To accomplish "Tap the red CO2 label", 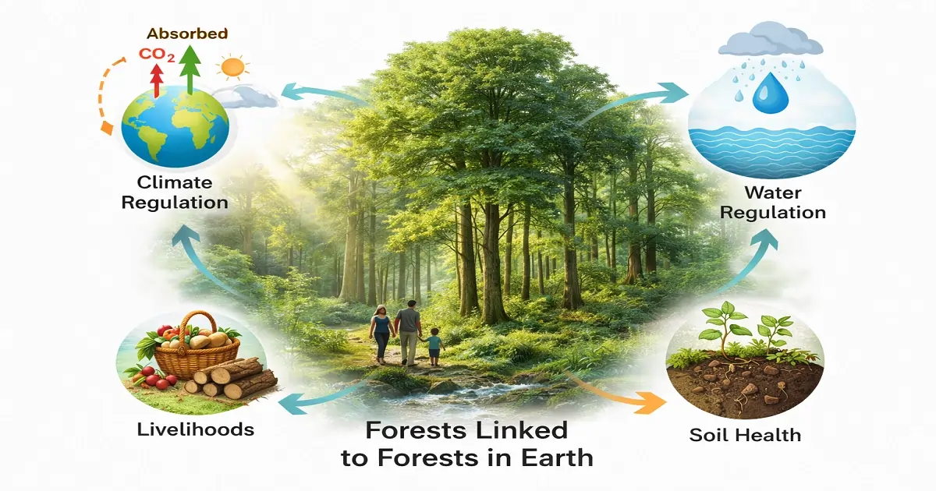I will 155,55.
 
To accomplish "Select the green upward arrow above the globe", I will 190,70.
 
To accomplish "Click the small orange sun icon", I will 232,69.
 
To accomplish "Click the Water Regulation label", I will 773,201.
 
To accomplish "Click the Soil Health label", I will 745,434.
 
